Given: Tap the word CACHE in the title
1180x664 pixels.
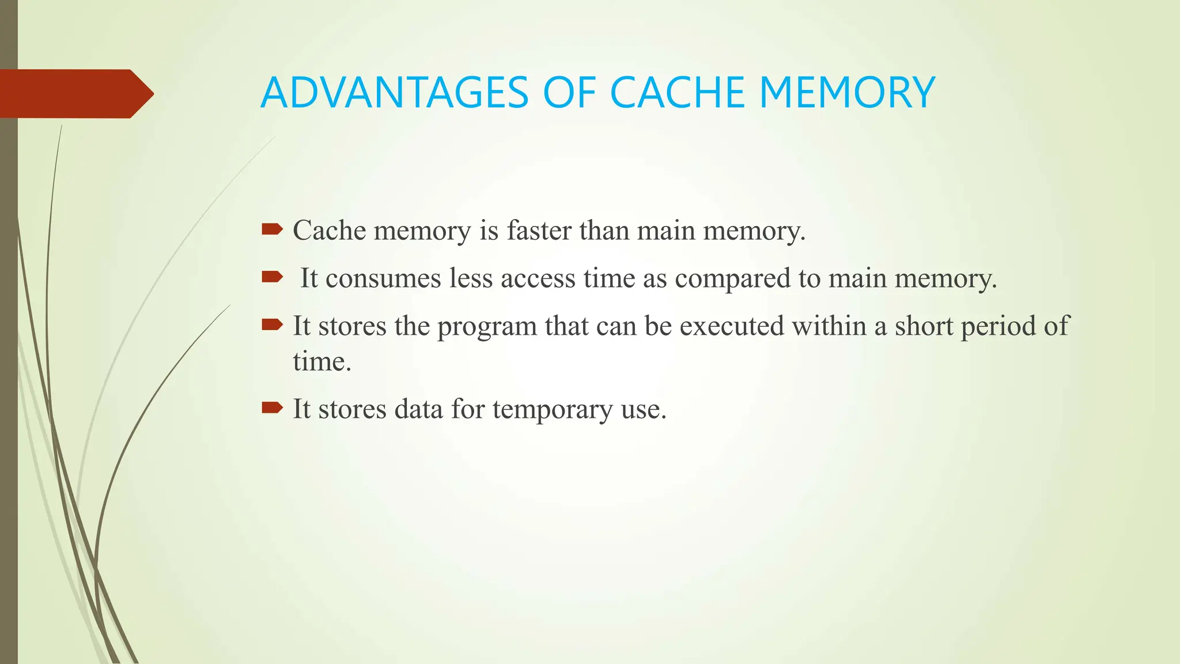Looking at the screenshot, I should click(x=677, y=93).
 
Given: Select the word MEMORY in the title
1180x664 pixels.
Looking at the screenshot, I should click(x=847, y=93).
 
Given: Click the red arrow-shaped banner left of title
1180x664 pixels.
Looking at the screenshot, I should click(x=75, y=93).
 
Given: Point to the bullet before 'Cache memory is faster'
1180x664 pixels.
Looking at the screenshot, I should click(x=272, y=230).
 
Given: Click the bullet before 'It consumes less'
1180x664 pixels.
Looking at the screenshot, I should click(x=272, y=278).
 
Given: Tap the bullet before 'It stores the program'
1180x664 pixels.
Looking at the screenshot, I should click(x=272, y=326).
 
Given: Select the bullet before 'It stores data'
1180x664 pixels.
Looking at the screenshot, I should click(x=272, y=409).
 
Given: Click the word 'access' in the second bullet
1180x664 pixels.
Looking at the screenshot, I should click(x=538, y=278).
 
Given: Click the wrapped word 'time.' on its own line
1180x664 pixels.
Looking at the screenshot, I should click(x=322, y=362).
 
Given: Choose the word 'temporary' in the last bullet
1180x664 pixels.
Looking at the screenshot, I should click(x=553, y=410).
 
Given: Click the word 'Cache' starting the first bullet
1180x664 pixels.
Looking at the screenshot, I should click(x=329, y=231).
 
